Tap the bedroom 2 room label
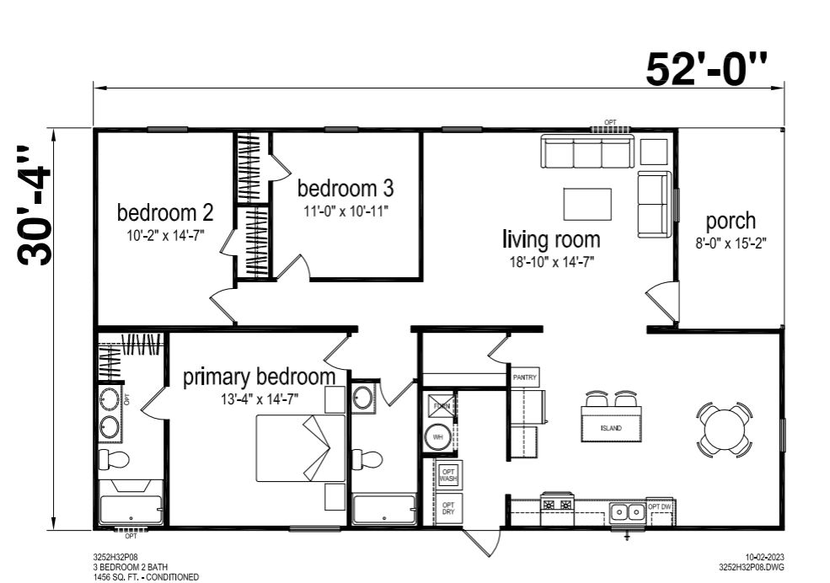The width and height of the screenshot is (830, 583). [164, 211]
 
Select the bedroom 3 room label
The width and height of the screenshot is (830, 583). [345, 187]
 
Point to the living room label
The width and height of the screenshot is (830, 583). [551, 238]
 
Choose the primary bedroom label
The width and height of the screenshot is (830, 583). [253, 377]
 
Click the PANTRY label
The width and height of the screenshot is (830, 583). [524, 378]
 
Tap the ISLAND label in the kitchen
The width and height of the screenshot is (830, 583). [611, 428]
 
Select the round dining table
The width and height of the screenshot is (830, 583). [724, 429]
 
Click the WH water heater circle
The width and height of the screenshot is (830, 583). [438, 437]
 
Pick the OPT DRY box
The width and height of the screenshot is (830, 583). [448, 509]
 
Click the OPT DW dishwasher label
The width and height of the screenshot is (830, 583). [660, 506]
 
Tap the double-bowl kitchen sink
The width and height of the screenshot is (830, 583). [624, 510]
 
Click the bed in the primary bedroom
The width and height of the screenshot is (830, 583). [301, 448]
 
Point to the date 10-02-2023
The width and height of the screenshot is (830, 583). [765, 557]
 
